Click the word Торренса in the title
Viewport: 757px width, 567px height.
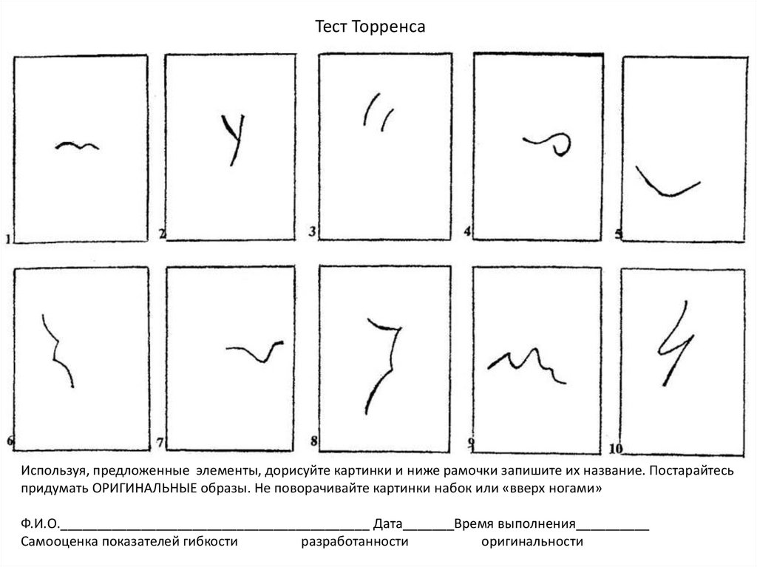389,27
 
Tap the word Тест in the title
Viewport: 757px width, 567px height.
331,27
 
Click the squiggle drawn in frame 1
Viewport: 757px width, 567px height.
77,146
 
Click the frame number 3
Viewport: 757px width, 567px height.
313,231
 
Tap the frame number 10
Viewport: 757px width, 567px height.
616,449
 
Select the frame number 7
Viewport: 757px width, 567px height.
160,442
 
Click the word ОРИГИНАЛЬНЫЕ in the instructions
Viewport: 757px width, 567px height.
144,489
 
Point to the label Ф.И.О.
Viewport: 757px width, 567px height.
40,523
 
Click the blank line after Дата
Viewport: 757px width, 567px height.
428,529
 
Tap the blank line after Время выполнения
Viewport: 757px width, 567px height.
613,529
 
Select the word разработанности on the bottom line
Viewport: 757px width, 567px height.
355,542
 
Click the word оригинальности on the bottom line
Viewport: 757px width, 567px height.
532,542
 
